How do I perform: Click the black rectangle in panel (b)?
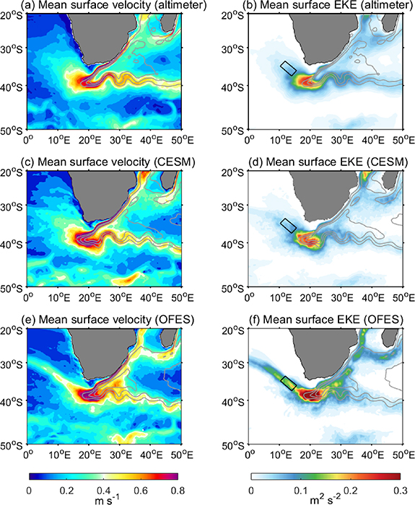(289, 69)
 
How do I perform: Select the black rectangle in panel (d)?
(289, 225)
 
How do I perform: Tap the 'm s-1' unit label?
(103, 499)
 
